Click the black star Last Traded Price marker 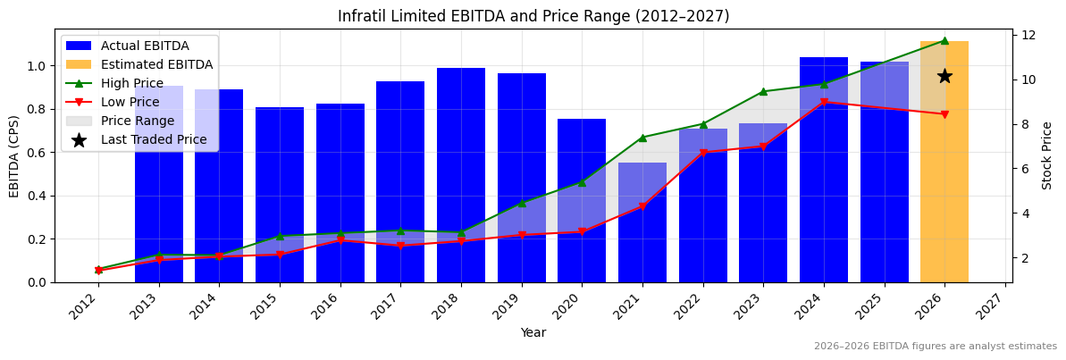(944, 77)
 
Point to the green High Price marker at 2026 (944, 40)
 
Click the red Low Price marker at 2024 (824, 102)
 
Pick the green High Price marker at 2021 (642, 138)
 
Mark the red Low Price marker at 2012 (98, 271)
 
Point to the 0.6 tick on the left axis (38, 153)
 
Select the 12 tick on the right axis (1028, 35)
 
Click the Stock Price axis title (1047, 155)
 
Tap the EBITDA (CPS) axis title (14, 155)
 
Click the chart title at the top (533, 16)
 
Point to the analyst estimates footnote (935, 347)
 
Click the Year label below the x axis (533, 332)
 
